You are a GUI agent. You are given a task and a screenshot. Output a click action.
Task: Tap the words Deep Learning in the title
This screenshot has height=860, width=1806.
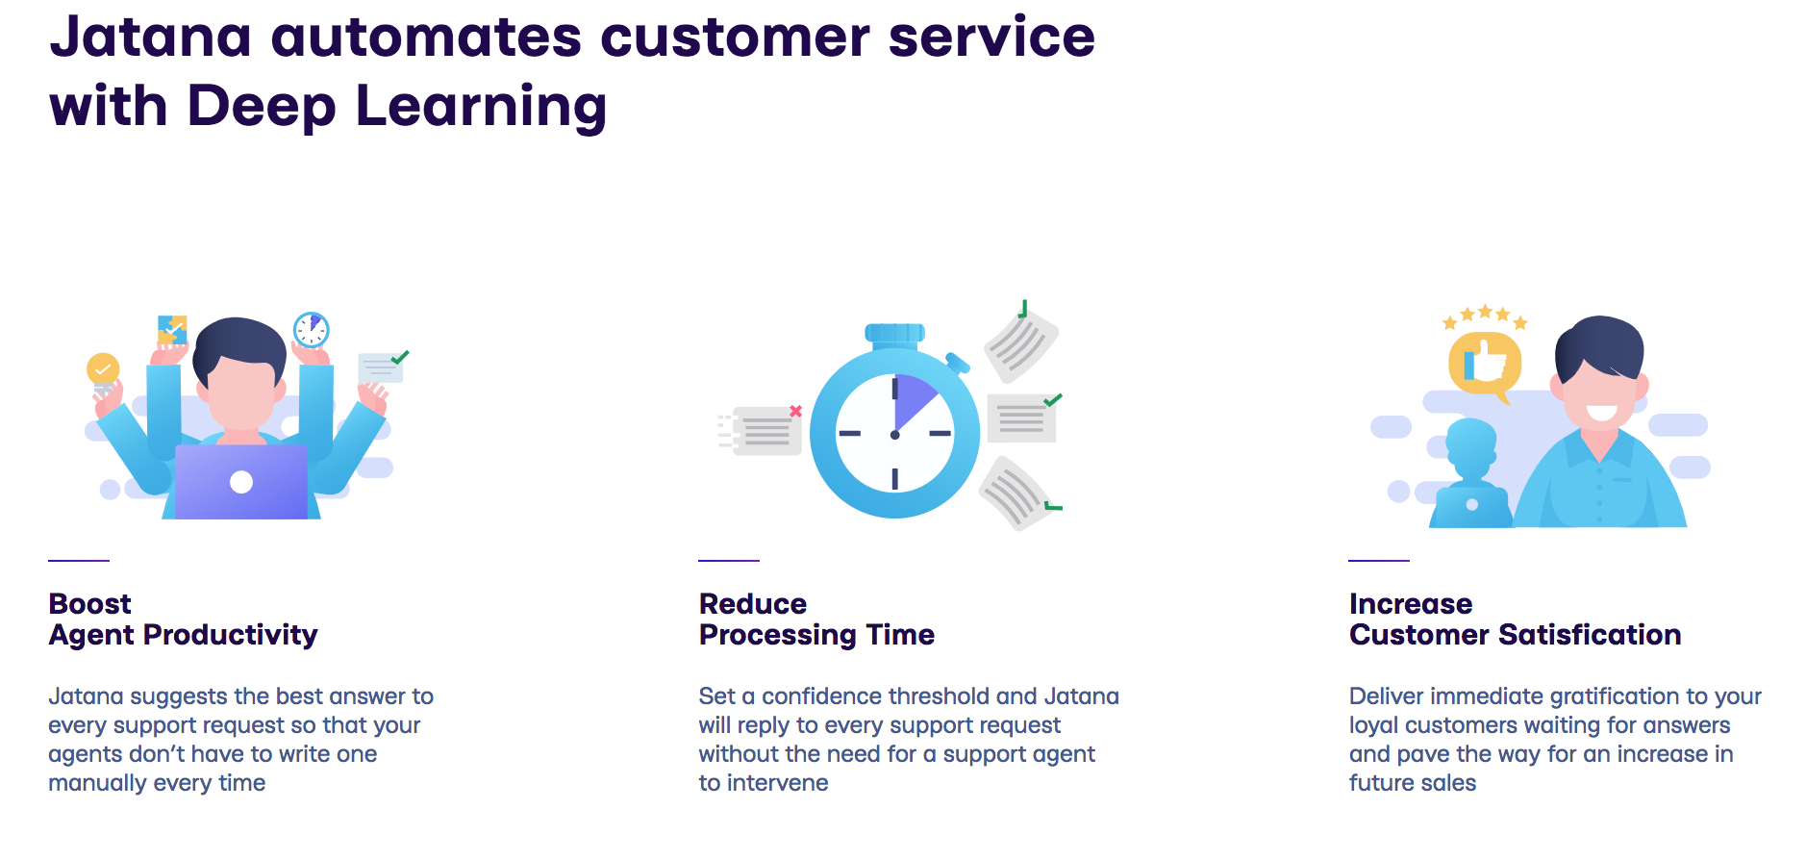point(396,106)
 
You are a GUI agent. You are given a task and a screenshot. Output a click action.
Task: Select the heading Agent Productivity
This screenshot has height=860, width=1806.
point(183,636)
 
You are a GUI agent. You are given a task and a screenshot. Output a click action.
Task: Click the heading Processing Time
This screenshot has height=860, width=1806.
point(816,636)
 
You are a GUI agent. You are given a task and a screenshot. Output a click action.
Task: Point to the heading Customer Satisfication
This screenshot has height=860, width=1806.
point(1515,635)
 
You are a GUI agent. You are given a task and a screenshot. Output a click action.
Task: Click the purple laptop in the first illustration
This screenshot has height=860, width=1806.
point(241,481)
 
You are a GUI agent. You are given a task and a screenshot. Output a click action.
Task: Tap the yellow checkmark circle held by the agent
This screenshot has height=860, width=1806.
point(103,368)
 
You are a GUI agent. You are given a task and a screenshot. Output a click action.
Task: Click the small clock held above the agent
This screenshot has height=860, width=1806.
point(312,330)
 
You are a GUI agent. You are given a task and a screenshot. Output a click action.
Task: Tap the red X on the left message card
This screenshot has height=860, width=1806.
point(795,411)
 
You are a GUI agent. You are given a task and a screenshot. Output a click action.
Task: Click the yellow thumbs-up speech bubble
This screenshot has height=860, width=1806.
point(1485,366)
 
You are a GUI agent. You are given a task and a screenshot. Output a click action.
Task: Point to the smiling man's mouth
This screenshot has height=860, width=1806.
point(1601,413)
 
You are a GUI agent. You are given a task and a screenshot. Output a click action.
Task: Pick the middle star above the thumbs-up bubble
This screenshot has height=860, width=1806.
point(1485,311)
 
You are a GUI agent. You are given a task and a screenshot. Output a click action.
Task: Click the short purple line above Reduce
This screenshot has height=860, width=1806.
point(729,560)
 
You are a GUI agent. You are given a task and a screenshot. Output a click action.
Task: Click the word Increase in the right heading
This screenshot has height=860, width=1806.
point(1411,604)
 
